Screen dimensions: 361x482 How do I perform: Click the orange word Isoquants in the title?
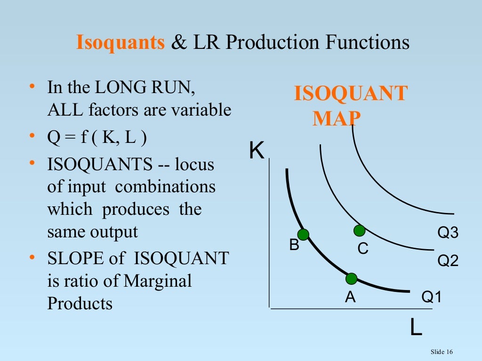pyautogui.click(x=120, y=43)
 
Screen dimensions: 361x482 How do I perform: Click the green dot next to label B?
pyautogui.click(x=303, y=234)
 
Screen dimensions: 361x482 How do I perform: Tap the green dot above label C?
pyautogui.click(x=359, y=230)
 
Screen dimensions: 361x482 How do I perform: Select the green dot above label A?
pyautogui.click(x=351, y=279)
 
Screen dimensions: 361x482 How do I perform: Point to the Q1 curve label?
pyautogui.click(x=432, y=297)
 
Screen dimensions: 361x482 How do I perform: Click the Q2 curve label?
pyautogui.click(x=448, y=261)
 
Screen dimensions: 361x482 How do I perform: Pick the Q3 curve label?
pyautogui.click(x=448, y=233)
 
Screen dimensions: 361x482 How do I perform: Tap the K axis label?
pyautogui.click(x=257, y=151)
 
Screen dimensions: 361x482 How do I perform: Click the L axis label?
pyautogui.click(x=415, y=328)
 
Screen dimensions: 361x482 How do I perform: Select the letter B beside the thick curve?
pyautogui.click(x=294, y=245)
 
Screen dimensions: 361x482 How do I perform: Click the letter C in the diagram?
pyautogui.click(x=363, y=249)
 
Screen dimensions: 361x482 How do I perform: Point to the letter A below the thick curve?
pyautogui.click(x=350, y=297)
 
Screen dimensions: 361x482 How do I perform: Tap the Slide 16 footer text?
pyautogui.click(x=442, y=352)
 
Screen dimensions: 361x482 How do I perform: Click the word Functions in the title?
pyautogui.click(x=367, y=43)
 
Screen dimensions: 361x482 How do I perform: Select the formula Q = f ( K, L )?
pyautogui.click(x=97, y=138)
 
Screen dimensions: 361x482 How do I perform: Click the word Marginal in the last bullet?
pyautogui.click(x=158, y=281)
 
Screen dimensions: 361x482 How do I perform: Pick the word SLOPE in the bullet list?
pyautogui.click(x=73, y=259)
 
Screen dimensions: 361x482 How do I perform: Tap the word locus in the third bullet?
pyautogui.click(x=194, y=165)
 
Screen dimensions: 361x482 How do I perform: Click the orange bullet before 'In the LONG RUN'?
pyautogui.click(x=32, y=87)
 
